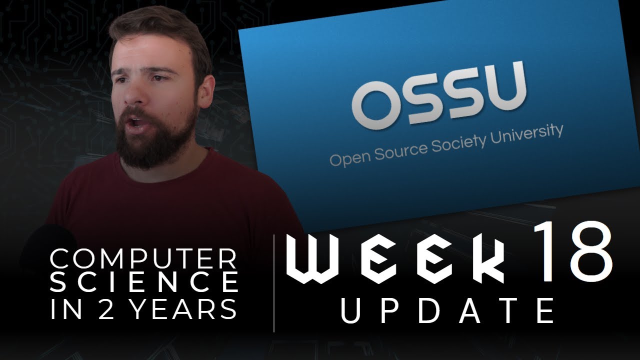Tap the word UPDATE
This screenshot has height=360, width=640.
[447, 310]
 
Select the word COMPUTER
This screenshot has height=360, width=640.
[143, 259]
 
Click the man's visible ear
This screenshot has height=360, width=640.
[205, 94]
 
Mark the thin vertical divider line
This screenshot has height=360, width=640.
[274, 282]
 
